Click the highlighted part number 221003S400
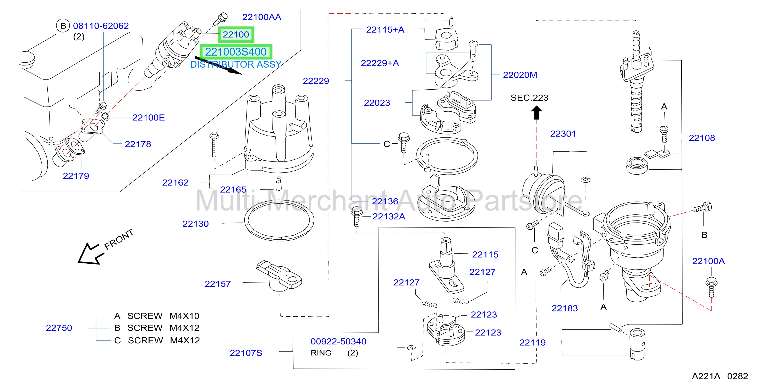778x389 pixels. click(x=236, y=52)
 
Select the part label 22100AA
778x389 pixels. click(x=261, y=17)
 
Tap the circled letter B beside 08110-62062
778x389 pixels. click(x=63, y=26)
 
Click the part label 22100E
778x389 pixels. click(x=149, y=118)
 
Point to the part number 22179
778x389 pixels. click(x=76, y=176)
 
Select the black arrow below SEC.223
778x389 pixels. click(x=536, y=112)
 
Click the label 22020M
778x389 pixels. click(x=520, y=75)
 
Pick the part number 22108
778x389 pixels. click(x=702, y=138)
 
